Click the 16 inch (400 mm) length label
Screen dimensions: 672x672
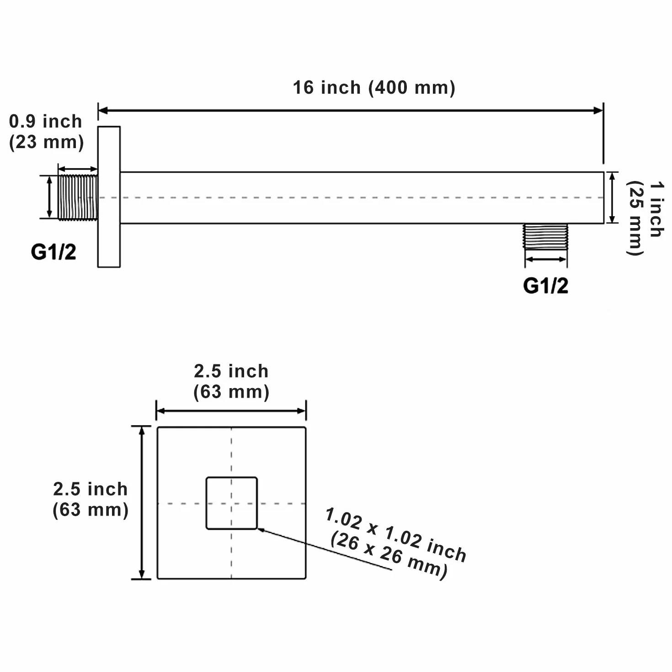pyautogui.click(x=374, y=87)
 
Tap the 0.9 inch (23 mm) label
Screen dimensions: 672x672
pyautogui.click(x=46, y=132)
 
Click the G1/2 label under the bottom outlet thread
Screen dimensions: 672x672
pyautogui.click(x=545, y=286)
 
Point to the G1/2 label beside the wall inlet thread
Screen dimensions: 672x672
pyautogui.click(x=53, y=252)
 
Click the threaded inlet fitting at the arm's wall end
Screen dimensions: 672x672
pyautogui.click(x=77, y=198)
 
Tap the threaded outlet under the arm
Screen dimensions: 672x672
pyautogui.click(x=545, y=236)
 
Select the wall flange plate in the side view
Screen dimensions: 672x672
pyautogui.click(x=109, y=197)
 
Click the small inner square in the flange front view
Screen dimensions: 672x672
pyautogui.click(x=232, y=503)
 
